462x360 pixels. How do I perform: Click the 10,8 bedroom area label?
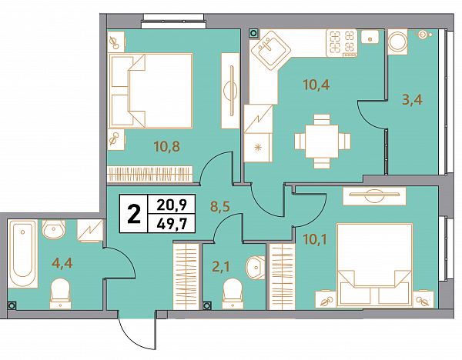coord(167,146)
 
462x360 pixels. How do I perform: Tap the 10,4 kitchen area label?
coord(316,85)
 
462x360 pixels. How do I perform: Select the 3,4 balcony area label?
coord(412,99)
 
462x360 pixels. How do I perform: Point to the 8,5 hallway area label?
coord(219,206)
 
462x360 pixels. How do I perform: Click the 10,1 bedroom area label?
coord(315,239)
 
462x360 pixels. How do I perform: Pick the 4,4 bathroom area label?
coord(62,262)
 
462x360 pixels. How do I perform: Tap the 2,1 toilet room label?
coord(221,267)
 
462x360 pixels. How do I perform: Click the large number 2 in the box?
coord(134,214)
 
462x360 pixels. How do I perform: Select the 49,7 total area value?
coord(172,225)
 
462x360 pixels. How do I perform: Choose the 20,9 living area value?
coord(172,205)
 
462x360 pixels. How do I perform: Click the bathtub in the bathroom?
coord(22,253)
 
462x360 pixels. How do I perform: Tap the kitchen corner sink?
coord(270,50)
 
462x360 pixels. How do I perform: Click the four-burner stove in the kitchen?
coord(341,43)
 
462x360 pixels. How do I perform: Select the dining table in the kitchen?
coord(322,142)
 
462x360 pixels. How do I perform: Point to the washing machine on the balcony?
coord(397,42)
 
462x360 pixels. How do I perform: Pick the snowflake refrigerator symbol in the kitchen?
coord(258,148)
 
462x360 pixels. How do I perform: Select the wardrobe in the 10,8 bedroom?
coord(149,174)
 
